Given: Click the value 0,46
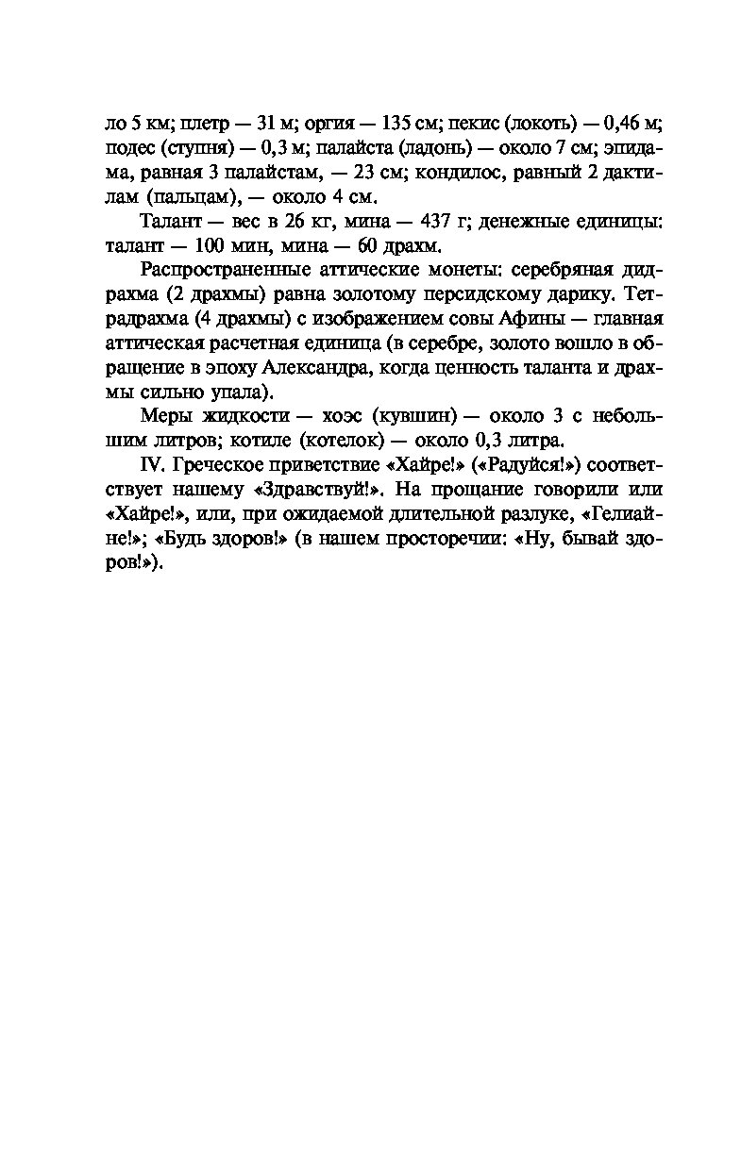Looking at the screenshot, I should (x=623, y=123).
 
